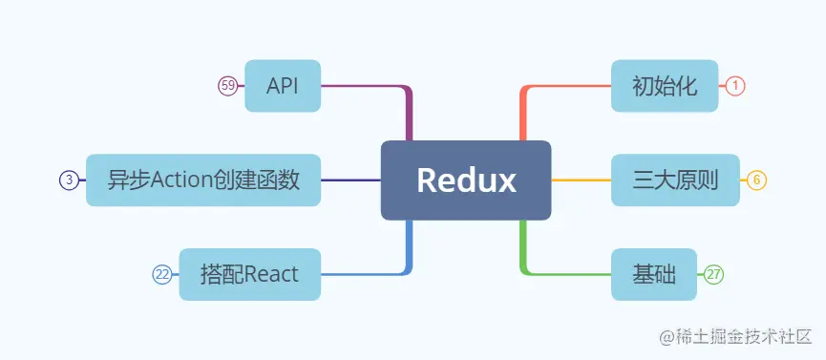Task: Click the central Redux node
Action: pos(466,180)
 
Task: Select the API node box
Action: pos(283,86)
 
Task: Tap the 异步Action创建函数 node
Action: pos(203,180)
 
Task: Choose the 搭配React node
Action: pos(250,274)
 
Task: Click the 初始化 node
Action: pos(664,86)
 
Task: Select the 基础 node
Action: pos(655,274)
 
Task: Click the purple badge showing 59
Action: pos(227,86)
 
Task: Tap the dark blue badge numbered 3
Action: pos(69,180)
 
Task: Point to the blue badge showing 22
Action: pos(162,274)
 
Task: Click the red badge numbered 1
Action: pos(735,86)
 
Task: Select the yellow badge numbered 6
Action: pos(757,180)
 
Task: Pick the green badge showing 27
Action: pos(714,274)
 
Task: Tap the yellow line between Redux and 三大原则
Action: pos(581,180)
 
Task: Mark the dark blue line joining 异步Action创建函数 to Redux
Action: pos(350,180)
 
